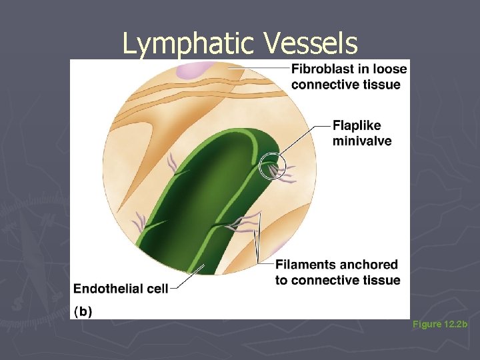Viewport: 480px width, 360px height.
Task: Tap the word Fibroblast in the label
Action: click(x=321, y=69)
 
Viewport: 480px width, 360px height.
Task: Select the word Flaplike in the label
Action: click(x=357, y=126)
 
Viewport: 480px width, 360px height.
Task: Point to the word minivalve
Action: click(x=362, y=141)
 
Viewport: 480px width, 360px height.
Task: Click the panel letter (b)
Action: click(x=83, y=311)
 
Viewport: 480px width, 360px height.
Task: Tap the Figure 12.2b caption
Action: click(x=440, y=324)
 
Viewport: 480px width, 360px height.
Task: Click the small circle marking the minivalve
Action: click(x=272, y=166)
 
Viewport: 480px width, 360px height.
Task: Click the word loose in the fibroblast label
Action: click(x=391, y=69)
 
